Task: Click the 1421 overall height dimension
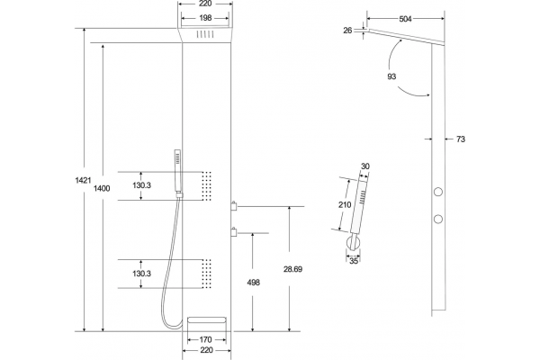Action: (x=83, y=180)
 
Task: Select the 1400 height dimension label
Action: (x=102, y=188)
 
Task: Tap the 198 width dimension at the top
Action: (x=205, y=18)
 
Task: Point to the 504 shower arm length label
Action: (x=405, y=19)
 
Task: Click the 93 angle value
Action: (x=391, y=76)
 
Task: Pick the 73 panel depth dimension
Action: (x=461, y=139)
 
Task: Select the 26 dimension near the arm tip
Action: (x=347, y=31)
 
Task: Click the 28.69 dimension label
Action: (x=292, y=269)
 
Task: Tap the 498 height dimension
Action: (x=254, y=283)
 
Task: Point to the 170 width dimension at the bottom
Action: (x=205, y=339)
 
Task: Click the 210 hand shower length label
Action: (x=345, y=205)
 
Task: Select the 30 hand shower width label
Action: (x=365, y=166)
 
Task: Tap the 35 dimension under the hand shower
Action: (x=354, y=261)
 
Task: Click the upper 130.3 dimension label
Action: (x=142, y=185)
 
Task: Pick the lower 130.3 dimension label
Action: (x=142, y=274)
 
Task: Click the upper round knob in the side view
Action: (x=438, y=192)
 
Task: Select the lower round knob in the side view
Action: (x=438, y=219)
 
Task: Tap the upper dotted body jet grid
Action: (x=207, y=185)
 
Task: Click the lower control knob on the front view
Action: (x=234, y=232)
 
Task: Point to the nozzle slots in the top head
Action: (x=205, y=34)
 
